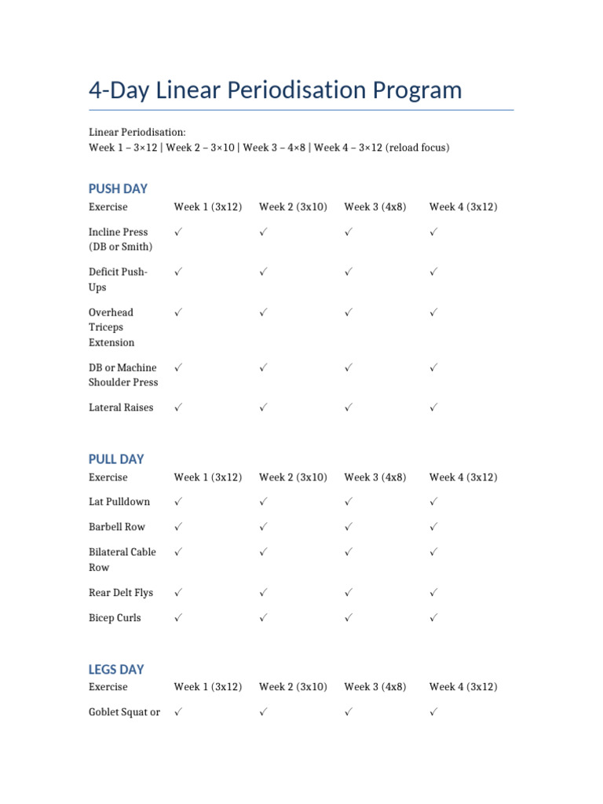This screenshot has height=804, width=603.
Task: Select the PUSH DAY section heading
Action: tap(118, 188)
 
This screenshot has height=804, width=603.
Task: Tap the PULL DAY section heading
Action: tap(116, 459)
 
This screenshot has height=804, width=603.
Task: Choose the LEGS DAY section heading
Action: tap(116, 669)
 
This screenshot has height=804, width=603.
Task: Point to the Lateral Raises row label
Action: tap(121, 407)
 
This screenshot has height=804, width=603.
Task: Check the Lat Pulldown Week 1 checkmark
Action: tap(178, 501)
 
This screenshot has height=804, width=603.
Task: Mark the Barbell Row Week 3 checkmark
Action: tap(349, 526)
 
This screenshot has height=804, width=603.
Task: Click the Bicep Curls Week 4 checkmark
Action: tap(433, 618)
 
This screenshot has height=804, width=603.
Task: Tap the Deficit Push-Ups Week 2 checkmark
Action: tap(264, 272)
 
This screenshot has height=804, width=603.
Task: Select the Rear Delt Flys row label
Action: tap(121, 593)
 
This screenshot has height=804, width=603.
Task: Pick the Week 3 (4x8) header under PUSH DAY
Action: tap(375, 206)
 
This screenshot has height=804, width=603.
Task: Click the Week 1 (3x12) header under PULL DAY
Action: tap(208, 477)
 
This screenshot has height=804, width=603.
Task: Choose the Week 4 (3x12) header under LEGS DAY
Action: tap(463, 686)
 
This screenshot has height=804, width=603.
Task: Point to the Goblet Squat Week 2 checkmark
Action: tap(264, 711)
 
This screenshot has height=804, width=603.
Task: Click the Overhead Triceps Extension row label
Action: tap(111, 327)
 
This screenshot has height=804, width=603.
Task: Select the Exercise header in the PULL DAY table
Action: tap(108, 477)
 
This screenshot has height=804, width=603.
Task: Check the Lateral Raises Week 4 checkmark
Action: tap(433, 407)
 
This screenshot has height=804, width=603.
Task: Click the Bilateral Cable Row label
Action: tap(122, 559)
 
